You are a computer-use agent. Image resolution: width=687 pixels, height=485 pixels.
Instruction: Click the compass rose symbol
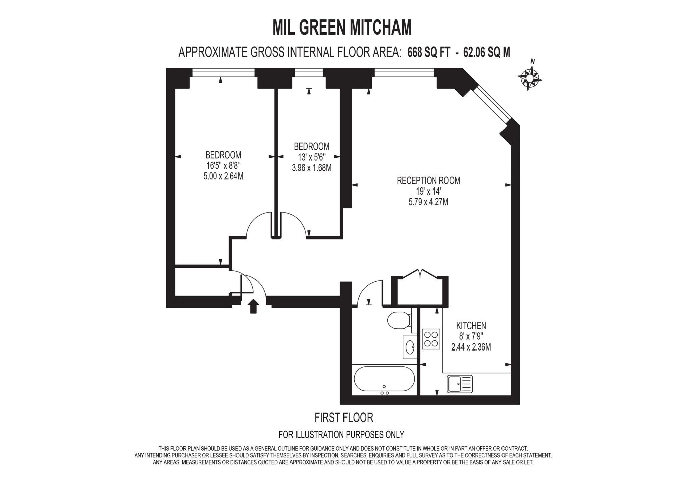pos(529,78)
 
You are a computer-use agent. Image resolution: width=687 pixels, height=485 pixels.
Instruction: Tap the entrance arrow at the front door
pos(253,306)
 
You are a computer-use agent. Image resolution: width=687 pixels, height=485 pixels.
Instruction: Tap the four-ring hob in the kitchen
pos(431,339)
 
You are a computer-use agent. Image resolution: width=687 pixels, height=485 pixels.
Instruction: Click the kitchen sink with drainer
pos(460,384)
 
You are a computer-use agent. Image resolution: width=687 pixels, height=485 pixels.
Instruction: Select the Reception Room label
pos(428,181)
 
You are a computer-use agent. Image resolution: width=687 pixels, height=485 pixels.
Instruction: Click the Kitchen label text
pos(471,325)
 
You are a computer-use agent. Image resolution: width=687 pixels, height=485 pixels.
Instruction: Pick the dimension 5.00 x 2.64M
pos(223,176)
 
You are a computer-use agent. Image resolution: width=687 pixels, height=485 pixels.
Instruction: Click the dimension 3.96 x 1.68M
pos(312,168)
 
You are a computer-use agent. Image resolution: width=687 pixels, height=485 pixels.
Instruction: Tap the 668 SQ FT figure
pos(428,53)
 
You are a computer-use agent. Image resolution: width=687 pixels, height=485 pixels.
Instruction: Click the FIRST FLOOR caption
pos(343,418)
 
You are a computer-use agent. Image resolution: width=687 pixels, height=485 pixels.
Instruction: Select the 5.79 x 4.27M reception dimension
pos(428,202)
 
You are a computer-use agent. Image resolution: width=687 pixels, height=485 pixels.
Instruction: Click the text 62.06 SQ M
pos(486,53)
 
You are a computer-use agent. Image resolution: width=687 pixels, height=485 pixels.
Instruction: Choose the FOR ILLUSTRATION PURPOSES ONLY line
pos(341,435)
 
